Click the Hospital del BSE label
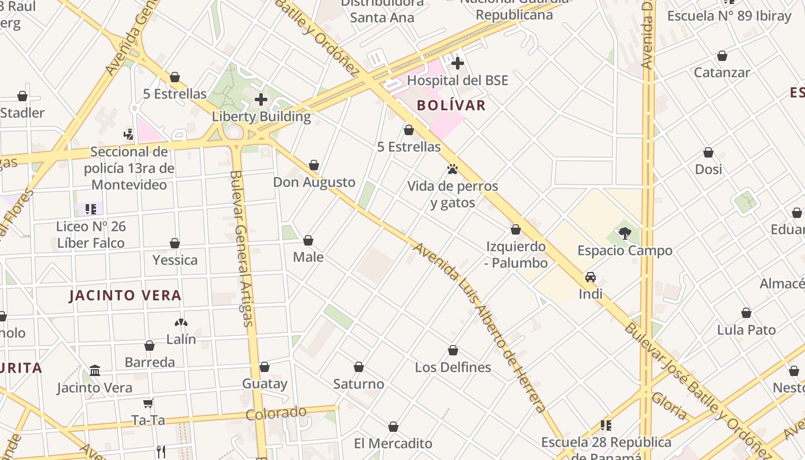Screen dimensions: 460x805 457,80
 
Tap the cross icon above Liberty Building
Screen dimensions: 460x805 261,99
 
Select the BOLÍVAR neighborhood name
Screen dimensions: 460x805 451,105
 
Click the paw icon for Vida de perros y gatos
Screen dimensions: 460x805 453,169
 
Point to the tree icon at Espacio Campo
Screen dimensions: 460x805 624,233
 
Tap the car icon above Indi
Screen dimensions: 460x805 591,277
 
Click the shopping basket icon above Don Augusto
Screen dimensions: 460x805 314,166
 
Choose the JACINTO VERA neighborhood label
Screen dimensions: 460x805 125,296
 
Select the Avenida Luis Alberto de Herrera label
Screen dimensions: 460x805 479,328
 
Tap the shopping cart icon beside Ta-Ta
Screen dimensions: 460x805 148,404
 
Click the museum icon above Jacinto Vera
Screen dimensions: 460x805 95,371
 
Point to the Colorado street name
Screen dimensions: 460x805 276,413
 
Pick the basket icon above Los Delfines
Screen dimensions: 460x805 453,351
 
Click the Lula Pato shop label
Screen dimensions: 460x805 746,330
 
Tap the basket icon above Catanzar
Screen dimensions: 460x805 722,56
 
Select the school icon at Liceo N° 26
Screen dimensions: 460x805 90,209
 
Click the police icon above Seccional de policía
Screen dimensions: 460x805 129,135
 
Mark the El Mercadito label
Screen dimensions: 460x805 393,443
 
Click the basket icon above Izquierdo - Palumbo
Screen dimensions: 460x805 516,230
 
